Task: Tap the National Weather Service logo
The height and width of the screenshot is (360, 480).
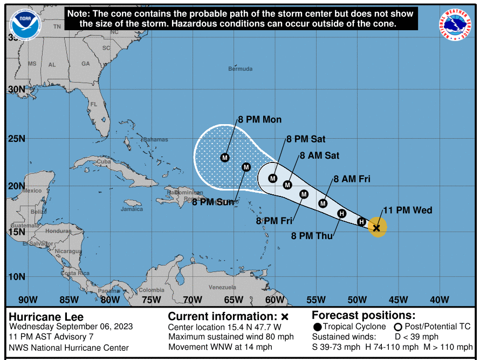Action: [454, 25]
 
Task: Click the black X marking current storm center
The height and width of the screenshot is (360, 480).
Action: [376, 228]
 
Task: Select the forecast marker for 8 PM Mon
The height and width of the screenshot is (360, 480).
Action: [225, 158]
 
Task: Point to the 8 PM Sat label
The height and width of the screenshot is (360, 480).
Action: [306, 139]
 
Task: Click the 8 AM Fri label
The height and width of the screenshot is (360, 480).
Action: [352, 179]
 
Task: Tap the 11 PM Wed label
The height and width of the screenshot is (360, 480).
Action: [407, 210]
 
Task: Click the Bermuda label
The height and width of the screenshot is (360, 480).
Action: [240, 69]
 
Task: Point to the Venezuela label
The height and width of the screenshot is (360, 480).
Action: [222, 287]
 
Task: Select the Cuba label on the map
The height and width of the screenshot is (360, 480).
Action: [104, 161]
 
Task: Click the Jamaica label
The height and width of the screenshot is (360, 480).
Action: [132, 209]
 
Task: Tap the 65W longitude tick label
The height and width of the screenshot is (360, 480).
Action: [234, 300]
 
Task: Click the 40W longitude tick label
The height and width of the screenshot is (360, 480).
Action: [440, 300]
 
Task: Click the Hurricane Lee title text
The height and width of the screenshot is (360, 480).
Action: [46, 317]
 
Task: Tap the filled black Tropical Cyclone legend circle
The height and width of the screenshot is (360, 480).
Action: [317, 327]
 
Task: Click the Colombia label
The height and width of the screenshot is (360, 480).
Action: [151, 290]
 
